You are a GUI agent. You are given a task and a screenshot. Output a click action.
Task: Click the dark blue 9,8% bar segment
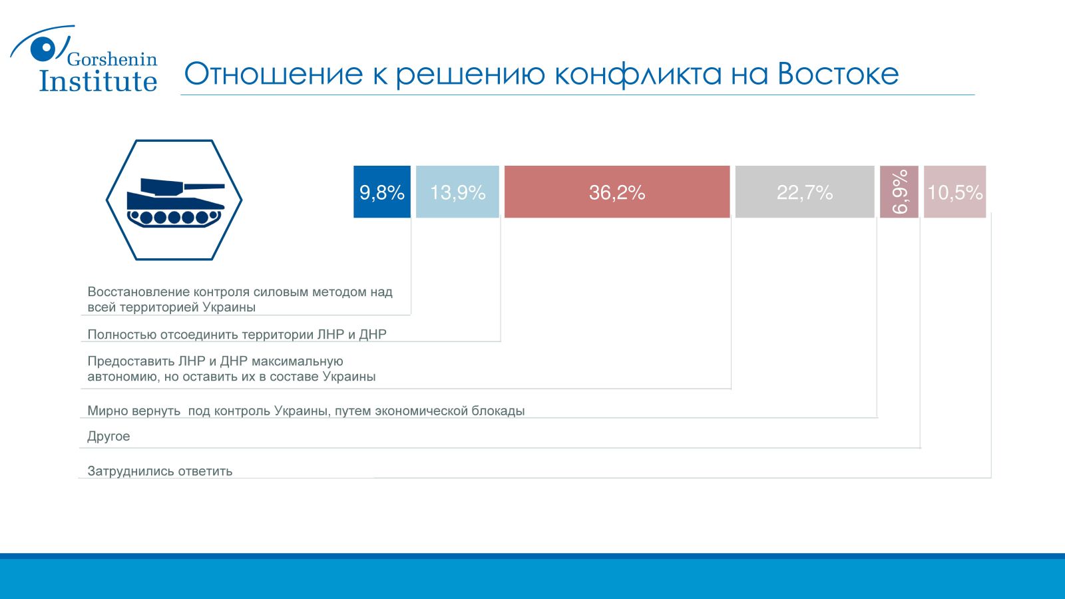[382, 192]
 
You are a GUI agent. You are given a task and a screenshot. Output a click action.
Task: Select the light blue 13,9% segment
[457, 192]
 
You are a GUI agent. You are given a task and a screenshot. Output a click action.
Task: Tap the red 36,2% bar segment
[617, 192]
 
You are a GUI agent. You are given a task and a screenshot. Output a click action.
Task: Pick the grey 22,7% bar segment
[805, 192]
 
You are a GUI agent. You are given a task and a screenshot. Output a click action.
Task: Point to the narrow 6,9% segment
[899, 192]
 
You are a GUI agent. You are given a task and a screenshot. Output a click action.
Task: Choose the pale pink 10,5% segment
[955, 192]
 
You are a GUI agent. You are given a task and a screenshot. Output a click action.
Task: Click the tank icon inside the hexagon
[175, 203]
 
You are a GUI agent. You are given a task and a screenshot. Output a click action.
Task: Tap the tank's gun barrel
[204, 187]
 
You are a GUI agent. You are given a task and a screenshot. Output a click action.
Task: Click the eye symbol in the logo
[46, 48]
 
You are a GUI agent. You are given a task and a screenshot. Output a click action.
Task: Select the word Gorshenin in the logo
[112, 59]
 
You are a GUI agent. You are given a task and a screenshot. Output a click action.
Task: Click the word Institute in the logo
[98, 81]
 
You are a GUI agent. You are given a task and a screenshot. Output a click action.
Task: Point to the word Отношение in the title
[274, 74]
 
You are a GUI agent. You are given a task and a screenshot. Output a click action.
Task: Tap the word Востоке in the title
[838, 74]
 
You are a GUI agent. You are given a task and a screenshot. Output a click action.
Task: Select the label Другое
[108, 437]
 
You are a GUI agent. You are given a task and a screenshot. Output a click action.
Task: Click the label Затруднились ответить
[160, 471]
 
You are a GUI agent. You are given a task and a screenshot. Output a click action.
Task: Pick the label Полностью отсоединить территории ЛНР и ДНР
[237, 334]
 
